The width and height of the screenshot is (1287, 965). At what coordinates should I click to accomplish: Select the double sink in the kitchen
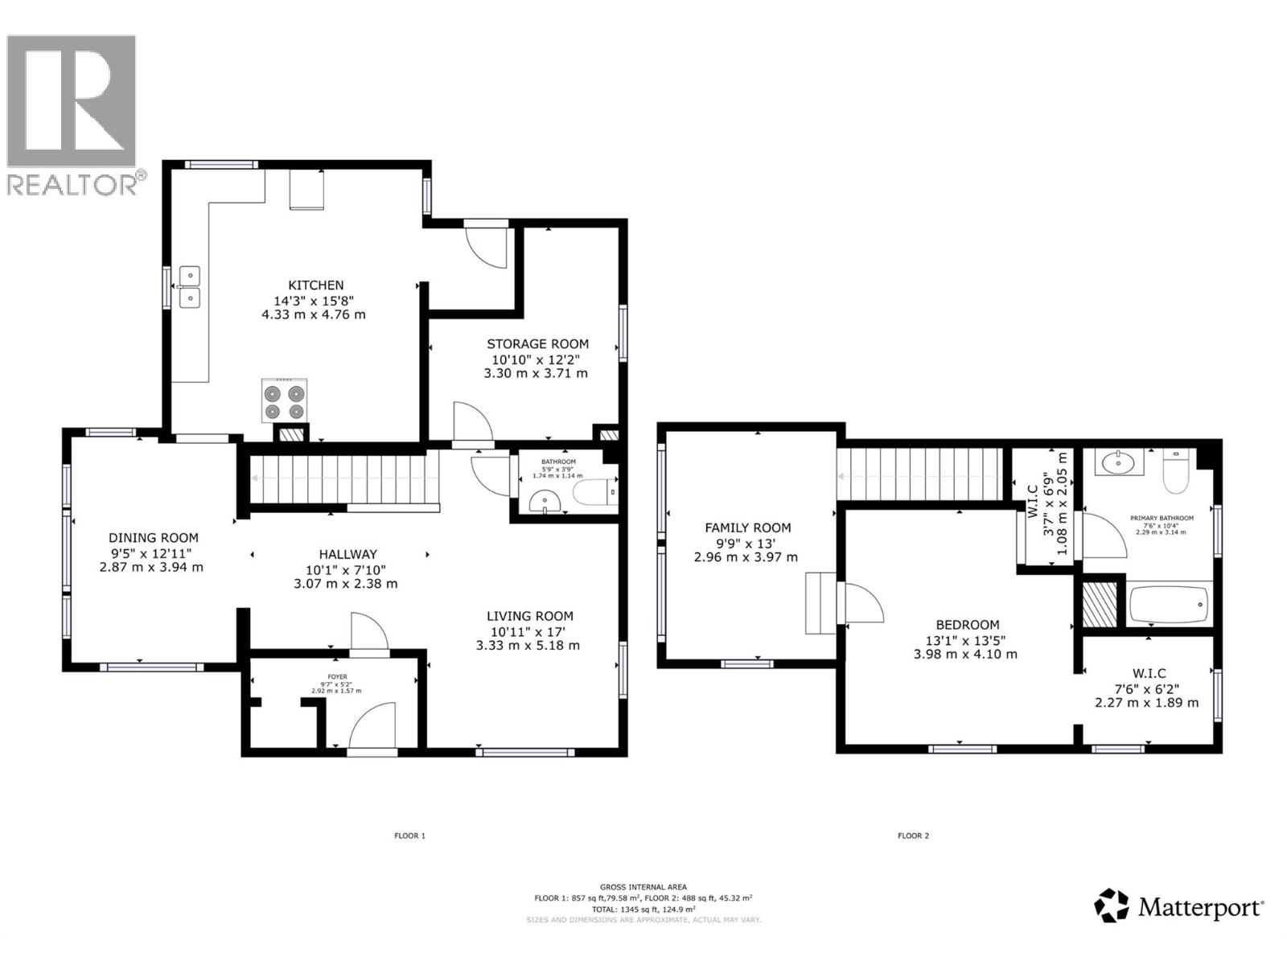click(x=190, y=287)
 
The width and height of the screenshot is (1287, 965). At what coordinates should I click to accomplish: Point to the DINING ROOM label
click(x=153, y=538)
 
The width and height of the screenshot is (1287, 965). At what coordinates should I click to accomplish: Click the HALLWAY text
click(x=347, y=554)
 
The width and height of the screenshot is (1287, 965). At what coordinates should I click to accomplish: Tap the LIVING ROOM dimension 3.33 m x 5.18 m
click(x=527, y=646)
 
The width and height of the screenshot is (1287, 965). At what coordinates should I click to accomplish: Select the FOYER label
click(x=337, y=676)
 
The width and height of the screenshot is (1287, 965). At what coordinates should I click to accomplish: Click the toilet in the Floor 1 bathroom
click(x=594, y=492)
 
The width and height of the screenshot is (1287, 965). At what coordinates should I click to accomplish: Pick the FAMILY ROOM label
click(x=747, y=528)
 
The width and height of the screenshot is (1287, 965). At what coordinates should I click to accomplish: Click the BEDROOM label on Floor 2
click(x=967, y=625)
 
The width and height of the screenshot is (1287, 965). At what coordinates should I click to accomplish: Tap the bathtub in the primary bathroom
click(x=1170, y=605)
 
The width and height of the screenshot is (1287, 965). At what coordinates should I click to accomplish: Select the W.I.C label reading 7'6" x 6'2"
click(x=1149, y=674)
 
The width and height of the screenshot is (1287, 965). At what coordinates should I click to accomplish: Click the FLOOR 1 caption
click(x=409, y=836)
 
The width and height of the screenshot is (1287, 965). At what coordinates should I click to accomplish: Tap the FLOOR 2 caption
click(x=913, y=836)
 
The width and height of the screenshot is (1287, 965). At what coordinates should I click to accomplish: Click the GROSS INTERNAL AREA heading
click(x=643, y=887)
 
